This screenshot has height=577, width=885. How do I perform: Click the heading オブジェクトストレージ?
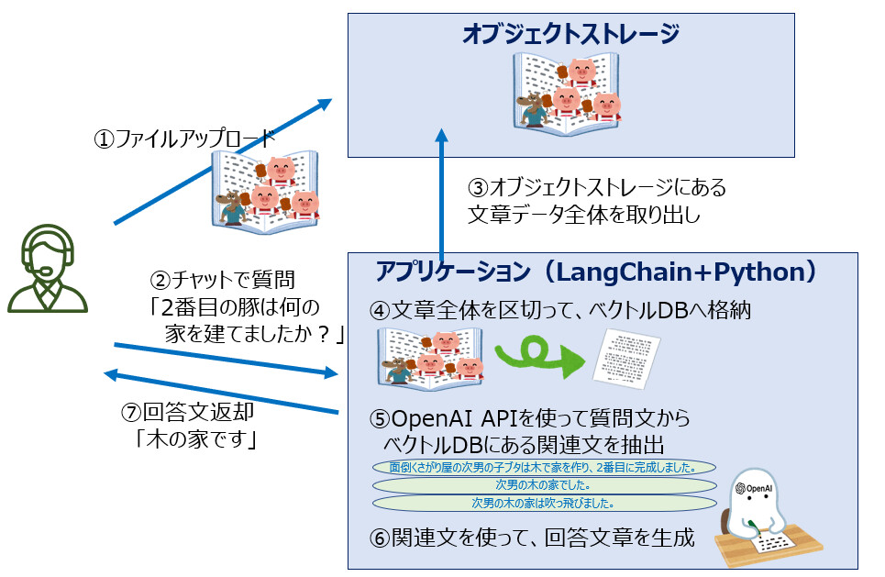coord(570,36)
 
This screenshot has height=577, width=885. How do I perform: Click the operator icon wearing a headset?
coord(48,269)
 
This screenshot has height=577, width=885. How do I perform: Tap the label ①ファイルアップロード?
coord(184,140)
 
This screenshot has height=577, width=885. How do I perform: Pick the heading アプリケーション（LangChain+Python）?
coord(595,272)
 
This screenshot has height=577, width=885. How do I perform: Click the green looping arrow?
coord(540,354)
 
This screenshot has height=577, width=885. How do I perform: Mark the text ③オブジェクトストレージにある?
coord(597,188)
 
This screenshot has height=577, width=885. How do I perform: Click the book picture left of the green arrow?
coord(431,356)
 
